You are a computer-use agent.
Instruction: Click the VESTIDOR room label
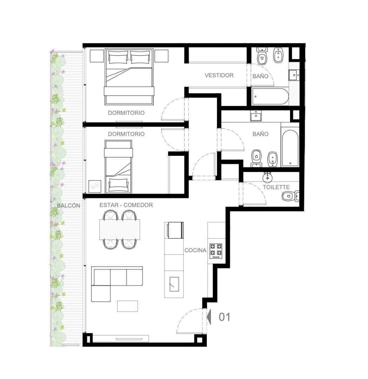coord(219,75)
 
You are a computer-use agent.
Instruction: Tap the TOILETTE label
coord(276,187)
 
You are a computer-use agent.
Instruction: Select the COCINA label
coord(195,251)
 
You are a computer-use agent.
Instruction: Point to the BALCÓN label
coord(68,205)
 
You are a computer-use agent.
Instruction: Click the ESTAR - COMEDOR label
coord(126,205)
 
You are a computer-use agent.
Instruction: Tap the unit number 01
coord(224,317)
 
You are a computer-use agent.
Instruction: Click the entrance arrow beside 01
coord(209,317)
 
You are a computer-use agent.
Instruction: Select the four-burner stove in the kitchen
coord(216,251)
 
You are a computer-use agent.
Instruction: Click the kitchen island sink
coord(174,284)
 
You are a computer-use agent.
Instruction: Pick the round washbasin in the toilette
coord(268,178)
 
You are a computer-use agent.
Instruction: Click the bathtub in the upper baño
coord(270,97)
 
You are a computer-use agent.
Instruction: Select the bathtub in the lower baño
coord(290,148)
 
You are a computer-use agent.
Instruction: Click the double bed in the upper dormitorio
coord(129,77)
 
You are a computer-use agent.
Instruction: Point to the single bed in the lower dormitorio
coord(118,167)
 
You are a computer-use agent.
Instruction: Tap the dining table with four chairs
coord(120,230)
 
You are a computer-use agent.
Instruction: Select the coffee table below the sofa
coord(127,306)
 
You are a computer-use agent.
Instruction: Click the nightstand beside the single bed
coord(95,186)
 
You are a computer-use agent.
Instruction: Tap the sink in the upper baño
coord(294,75)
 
